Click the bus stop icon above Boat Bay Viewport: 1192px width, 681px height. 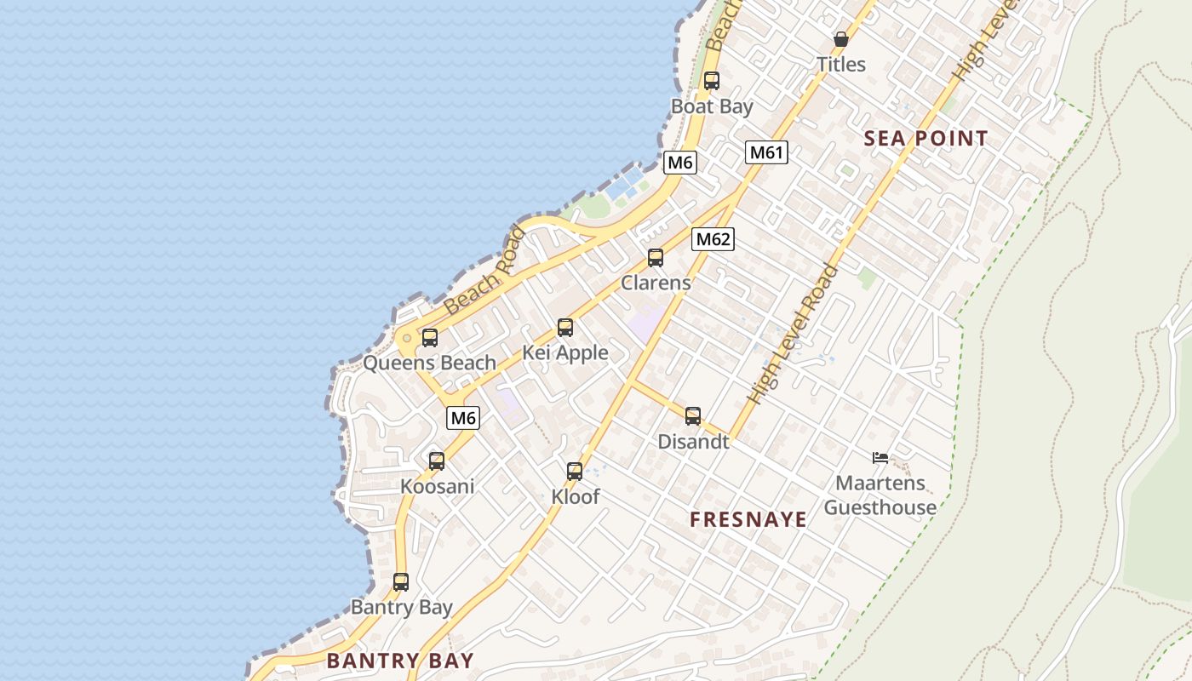point(712,81)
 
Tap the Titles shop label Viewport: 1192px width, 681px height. point(840,65)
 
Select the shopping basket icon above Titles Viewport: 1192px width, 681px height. point(841,39)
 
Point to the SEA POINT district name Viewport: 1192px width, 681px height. point(926,139)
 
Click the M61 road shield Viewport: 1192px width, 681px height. point(766,152)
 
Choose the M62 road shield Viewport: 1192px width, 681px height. point(713,239)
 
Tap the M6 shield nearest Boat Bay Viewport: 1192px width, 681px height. point(679,163)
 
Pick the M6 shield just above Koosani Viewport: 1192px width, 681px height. point(463,418)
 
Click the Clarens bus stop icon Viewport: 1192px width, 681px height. point(656,257)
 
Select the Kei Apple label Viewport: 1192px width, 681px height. point(565,352)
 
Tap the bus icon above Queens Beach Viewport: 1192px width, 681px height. point(430,337)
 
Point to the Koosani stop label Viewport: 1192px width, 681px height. point(438,487)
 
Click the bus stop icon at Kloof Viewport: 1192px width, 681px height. point(575,471)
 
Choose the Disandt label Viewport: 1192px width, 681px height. point(693,442)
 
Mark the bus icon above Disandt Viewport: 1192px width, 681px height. point(693,415)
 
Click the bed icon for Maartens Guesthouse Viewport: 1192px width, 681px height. point(880,458)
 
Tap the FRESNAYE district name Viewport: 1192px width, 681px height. point(748,520)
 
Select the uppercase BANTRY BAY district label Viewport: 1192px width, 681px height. point(400,661)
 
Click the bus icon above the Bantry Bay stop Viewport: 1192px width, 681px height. point(401,582)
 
